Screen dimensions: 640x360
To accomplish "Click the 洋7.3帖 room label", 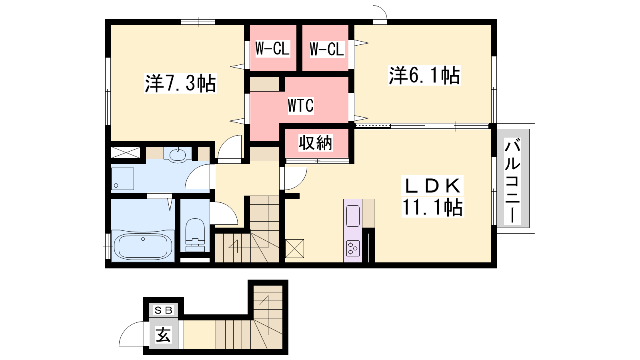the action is tap(180, 84).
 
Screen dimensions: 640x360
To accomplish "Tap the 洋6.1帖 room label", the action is tap(424, 76).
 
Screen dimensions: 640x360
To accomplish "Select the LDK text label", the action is tap(432, 186).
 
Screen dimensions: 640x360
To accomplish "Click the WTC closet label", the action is tap(300, 105).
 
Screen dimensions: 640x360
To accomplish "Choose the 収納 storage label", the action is tap(316, 142).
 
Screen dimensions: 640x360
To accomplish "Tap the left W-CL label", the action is tap(272, 48).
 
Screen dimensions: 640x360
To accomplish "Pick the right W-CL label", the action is tap(327, 49).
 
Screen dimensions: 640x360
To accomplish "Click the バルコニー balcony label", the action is tap(512, 180).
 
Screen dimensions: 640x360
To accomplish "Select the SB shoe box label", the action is tap(163, 310).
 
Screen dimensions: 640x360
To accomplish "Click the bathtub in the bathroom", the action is tap(143, 246).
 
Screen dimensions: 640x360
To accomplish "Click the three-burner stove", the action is tap(353, 248).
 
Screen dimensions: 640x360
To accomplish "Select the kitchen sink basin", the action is tap(353, 216).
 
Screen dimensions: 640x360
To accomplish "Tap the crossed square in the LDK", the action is tap(294, 248).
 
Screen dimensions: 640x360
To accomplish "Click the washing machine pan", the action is tap(122, 178).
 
